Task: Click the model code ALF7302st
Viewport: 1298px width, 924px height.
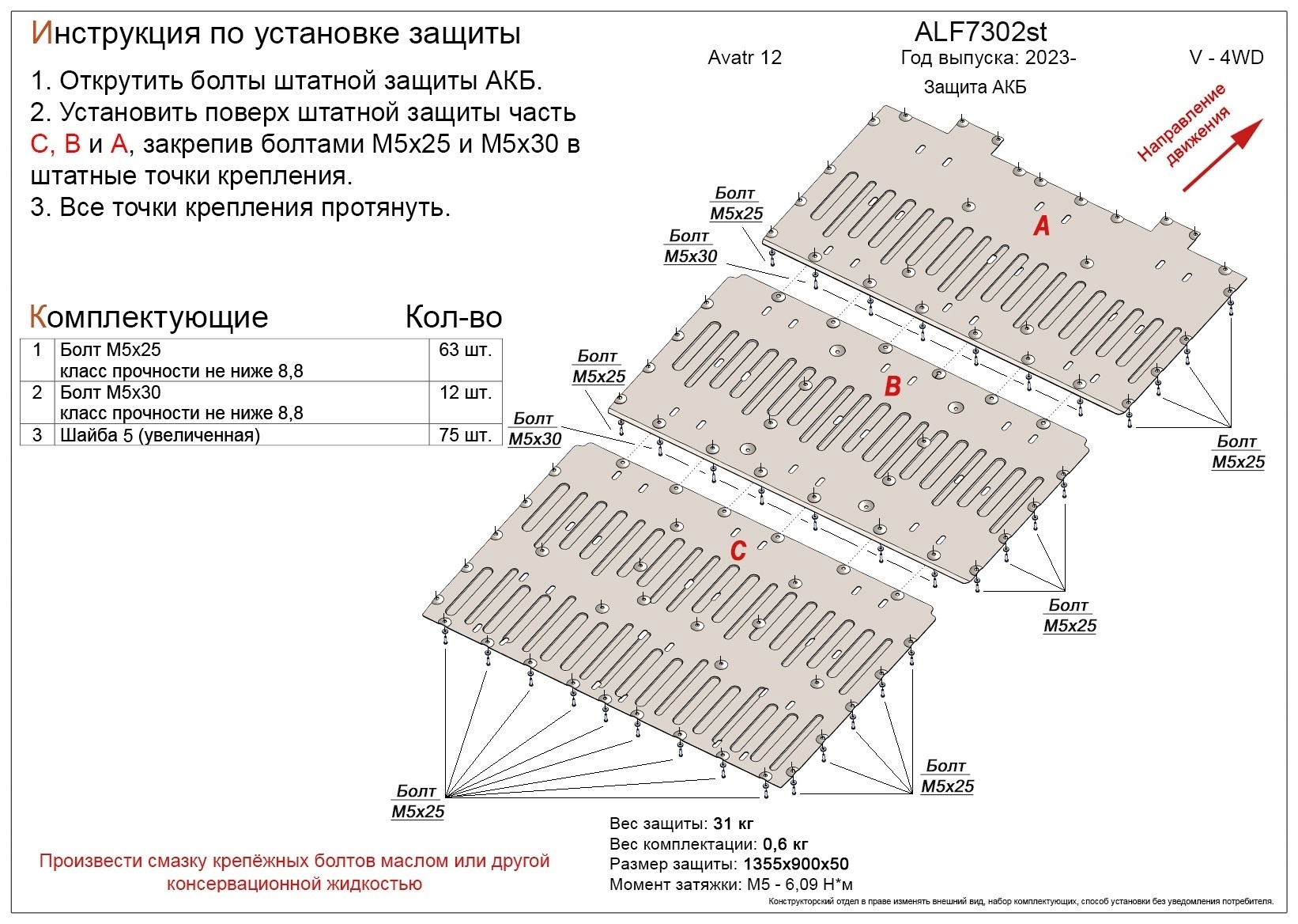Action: point(980,32)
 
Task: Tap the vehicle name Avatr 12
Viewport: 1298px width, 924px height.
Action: point(745,58)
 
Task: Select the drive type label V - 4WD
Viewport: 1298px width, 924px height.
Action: point(1226,58)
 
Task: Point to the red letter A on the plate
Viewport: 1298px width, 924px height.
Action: point(1042,226)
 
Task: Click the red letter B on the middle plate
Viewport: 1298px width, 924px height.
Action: point(892,386)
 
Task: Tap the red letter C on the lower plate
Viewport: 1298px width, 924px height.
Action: point(738,551)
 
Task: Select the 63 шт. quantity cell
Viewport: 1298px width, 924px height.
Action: point(465,350)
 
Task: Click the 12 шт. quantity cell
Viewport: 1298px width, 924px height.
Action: point(465,392)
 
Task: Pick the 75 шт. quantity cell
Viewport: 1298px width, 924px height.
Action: point(465,434)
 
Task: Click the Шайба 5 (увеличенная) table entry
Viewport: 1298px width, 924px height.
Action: point(160,435)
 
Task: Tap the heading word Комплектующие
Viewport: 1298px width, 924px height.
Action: point(149,317)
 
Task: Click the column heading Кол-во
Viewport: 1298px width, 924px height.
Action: point(453,317)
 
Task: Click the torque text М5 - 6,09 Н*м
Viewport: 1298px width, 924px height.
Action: point(799,884)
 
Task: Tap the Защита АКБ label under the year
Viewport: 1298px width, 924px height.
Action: point(975,87)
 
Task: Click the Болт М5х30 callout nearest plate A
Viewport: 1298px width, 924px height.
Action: point(690,246)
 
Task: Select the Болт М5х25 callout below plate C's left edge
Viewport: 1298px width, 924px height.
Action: point(417,801)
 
